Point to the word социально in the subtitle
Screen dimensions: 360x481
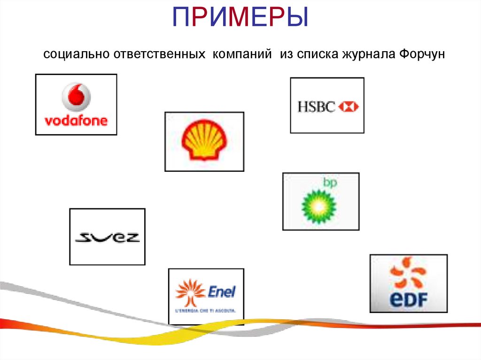click(x=76, y=55)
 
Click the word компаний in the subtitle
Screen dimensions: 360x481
click(x=242, y=55)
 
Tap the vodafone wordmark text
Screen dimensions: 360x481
click(x=76, y=121)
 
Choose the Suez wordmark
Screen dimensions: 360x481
click(x=108, y=237)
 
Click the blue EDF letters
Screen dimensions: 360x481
click(x=408, y=299)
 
